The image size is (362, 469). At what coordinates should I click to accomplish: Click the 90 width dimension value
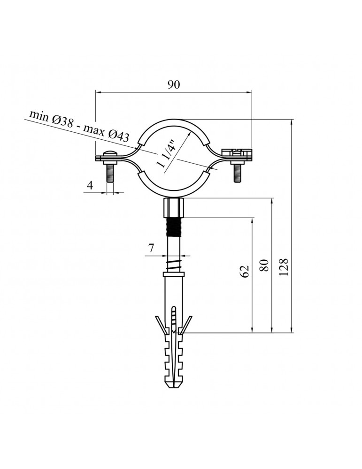(x=174, y=85)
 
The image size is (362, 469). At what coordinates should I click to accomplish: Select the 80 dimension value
(x=264, y=265)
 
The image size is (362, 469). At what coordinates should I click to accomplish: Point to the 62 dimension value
(x=245, y=271)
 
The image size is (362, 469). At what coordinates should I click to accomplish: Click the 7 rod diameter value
(x=151, y=248)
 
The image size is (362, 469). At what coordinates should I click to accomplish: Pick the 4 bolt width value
(x=90, y=185)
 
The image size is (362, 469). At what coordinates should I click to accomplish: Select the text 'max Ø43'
(x=106, y=133)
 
